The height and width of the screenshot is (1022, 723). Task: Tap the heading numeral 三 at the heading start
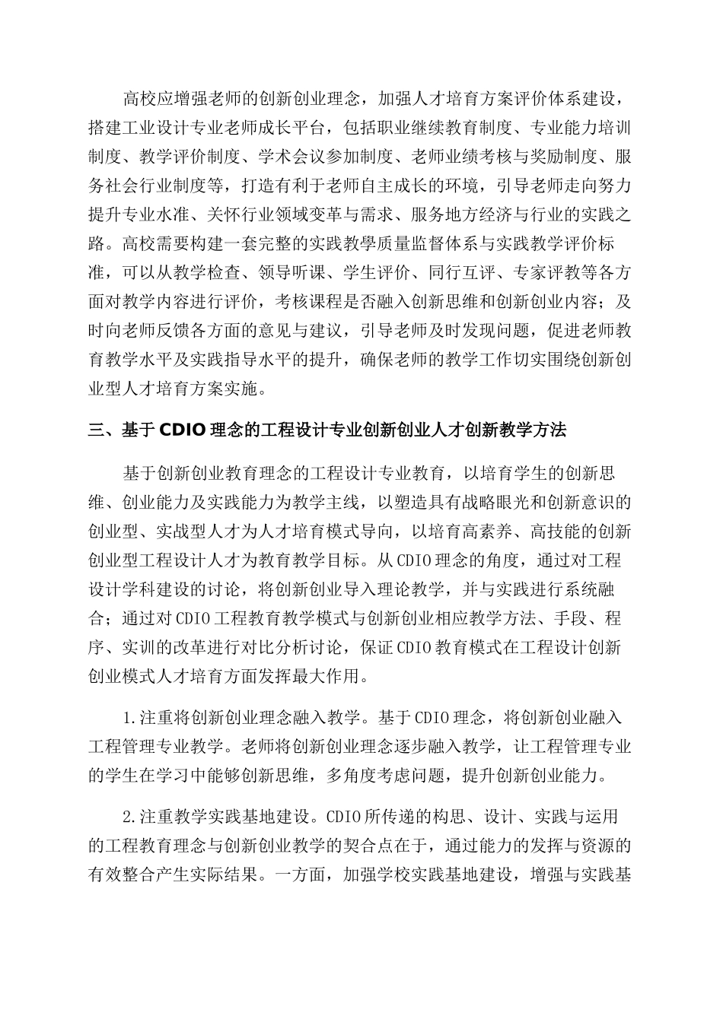pos(97,431)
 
